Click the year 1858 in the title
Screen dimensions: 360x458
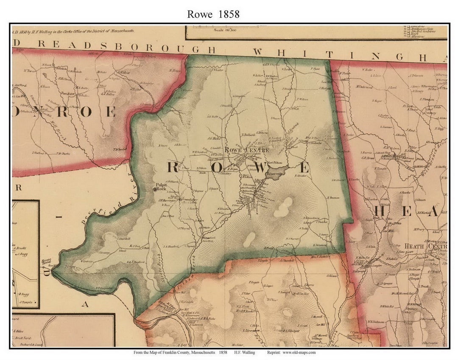(229, 14)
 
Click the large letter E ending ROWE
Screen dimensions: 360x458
(304, 168)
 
